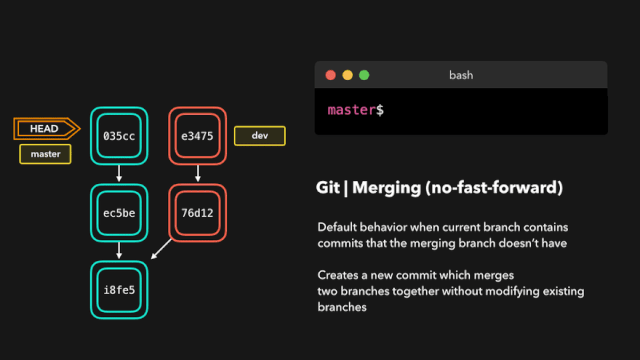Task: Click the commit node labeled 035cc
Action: [119, 136]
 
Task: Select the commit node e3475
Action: [198, 136]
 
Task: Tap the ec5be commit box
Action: [119, 213]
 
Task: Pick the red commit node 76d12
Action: [198, 213]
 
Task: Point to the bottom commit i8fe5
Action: [119, 290]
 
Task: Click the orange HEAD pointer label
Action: [47, 129]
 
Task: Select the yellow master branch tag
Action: [45, 154]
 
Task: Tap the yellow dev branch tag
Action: [260, 136]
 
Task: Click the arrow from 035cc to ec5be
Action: [119, 173]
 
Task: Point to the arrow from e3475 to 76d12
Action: [198, 173]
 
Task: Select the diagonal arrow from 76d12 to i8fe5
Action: [161, 249]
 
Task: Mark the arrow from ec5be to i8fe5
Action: [119, 251]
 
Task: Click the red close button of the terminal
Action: [331, 75]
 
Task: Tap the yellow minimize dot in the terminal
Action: [347, 75]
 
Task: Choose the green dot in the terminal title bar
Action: [364, 75]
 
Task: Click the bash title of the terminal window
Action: [461, 75]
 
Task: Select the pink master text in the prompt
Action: [351, 110]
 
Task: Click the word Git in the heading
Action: [328, 188]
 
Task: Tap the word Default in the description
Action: [337, 227]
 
